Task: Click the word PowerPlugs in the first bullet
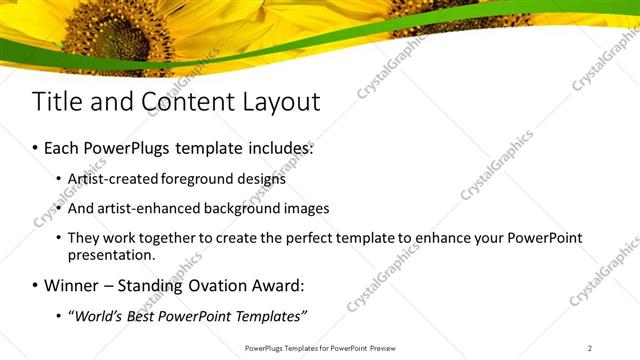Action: pos(127,148)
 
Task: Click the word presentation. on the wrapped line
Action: pos(111,255)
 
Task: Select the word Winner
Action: pos(71,286)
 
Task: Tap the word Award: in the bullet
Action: pos(276,286)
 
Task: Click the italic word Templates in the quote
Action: pos(269,317)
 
